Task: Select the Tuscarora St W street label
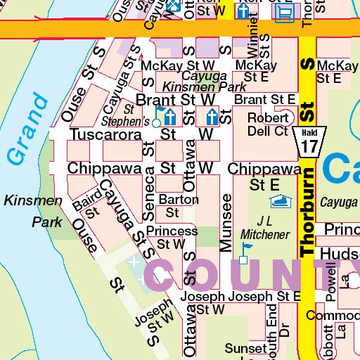pyautogui.click(x=141, y=134)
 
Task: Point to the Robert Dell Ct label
pyautogui.click(x=268, y=124)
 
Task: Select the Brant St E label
pyautogui.click(x=264, y=100)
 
